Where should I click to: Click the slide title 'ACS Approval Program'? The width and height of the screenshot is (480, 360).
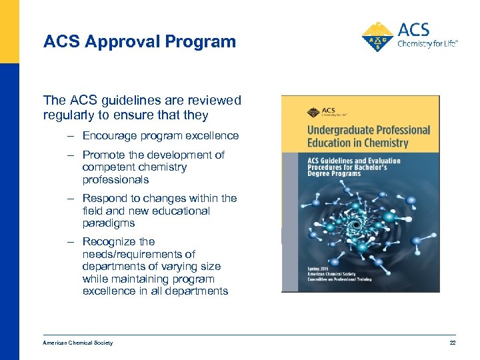139,41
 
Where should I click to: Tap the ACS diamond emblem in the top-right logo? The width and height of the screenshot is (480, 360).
377,37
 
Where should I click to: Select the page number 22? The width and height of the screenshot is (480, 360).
451,343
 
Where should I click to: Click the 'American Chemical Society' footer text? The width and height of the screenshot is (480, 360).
78,343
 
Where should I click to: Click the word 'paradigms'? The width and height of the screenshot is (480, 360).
109,223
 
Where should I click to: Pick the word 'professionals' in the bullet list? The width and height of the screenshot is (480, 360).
115,179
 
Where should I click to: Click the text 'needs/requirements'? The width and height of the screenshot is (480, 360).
139,254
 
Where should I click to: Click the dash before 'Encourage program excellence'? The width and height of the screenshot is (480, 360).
70,135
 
